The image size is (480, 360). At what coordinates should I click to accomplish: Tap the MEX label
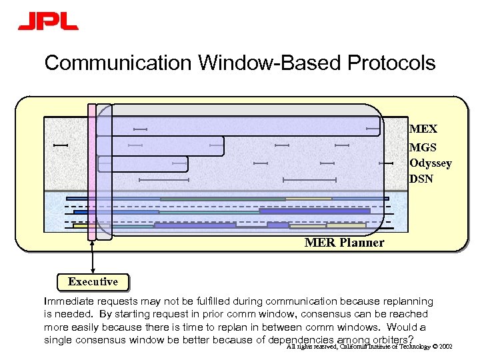click(x=423, y=129)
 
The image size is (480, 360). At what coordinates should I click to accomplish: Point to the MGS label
click(x=423, y=146)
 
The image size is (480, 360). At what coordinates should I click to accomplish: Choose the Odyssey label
click(x=430, y=163)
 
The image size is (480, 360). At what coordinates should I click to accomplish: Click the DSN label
click(x=421, y=179)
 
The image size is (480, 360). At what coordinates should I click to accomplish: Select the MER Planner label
click(x=344, y=243)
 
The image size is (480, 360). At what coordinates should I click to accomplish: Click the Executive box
click(x=93, y=282)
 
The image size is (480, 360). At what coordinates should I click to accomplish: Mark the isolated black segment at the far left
click(x=61, y=145)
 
